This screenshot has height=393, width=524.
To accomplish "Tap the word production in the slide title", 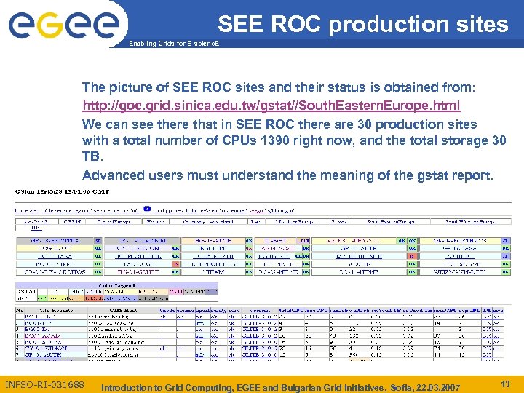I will pyautogui.click(x=389, y=24).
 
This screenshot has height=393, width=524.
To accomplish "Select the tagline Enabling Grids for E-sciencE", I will pyautogui.click(x=173, y=44).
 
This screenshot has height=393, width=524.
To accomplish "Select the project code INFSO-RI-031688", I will pyautogui.click(x=44, y=384).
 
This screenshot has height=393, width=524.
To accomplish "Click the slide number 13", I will pyautogui.click(x=506, y=384).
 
